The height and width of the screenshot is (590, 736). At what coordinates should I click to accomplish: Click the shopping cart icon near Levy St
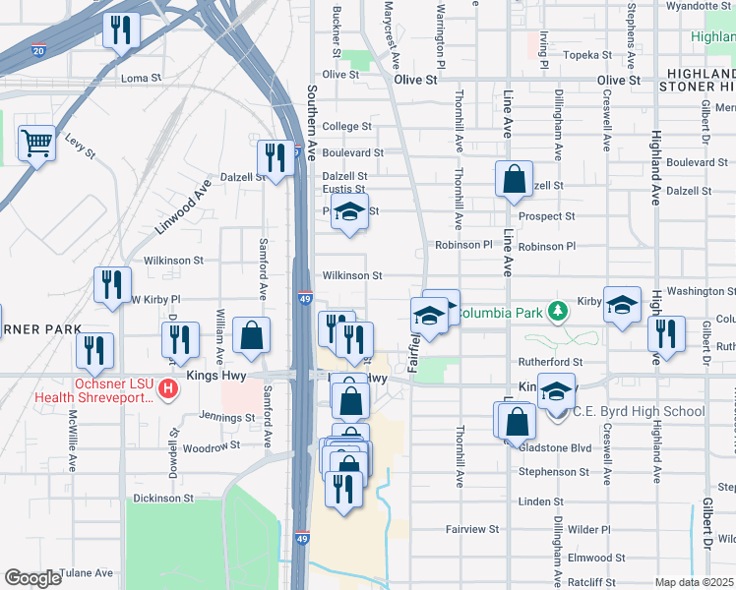pos(36,144)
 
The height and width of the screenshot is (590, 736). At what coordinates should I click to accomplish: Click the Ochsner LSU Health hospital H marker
pos(168,389)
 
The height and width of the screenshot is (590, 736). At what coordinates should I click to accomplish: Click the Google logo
pos(32,578)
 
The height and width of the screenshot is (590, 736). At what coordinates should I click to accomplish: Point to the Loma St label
pos(141,78)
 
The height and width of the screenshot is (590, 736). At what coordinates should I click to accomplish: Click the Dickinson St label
pos(163,499)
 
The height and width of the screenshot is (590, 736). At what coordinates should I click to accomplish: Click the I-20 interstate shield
pos(38,50)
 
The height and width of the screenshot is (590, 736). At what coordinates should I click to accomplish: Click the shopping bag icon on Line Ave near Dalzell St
pos(514,179)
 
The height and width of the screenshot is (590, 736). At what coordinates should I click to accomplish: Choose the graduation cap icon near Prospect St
pos(348,211)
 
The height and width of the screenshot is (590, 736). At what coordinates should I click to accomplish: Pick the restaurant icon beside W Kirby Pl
pos(112,284)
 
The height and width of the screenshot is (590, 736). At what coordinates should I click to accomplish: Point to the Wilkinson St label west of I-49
pos(173,262)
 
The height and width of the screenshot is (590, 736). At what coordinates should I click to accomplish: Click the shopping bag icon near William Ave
pos(252,335)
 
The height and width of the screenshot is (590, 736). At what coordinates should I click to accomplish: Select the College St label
pos(347,127)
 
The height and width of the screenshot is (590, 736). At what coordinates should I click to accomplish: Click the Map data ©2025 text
pos(695,582)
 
